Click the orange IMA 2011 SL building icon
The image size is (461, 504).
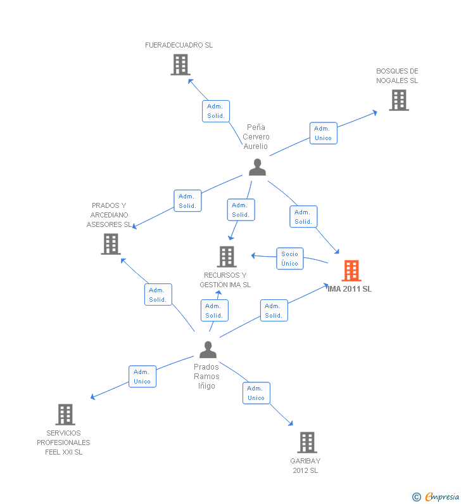pyautogui.click(x=351, y=271)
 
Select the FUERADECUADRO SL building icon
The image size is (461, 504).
pyautogui.click(x=180, y=65)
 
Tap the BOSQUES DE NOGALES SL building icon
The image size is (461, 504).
pyautogui.click(x=399, y=100)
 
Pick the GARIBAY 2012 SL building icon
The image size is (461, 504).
pyautogui.click(x=307, y=443)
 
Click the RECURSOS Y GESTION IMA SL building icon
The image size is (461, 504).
pyautogui.click(x=227, y=257)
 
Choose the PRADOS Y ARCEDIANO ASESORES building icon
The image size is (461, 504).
pyautogui.click(x=111, y=244)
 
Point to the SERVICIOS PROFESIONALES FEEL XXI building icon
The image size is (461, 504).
pyautogui.click(x=65, y=415)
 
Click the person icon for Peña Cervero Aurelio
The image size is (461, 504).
pyautogui.click(x=258, y=167)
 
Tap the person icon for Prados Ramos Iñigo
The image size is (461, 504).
pyautogui.click(x=208, y=350)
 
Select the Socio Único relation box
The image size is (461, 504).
pyautogui.click(x=290, y=259)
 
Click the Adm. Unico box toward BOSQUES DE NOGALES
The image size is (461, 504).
pyautogui.click(x=324, y=133)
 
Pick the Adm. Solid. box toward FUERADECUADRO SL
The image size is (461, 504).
pyautogui.click(x=216, y=111)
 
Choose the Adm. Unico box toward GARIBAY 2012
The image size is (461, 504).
pyautogui.click(x=256, y=393)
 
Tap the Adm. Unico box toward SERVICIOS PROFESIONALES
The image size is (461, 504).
pyautogui.click(x=142, y=377)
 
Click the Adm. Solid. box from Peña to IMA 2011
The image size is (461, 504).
pyautogui.click(x=303, y=217)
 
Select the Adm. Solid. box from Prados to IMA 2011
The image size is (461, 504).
pyautogui.click(x=274, y=311)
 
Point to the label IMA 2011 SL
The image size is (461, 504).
pyautogui.click(x=350, y=289)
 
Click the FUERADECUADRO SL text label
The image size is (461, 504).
pyautogui.click(x=179, y=45)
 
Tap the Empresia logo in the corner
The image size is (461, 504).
pyautogui.click(x=442, y=497)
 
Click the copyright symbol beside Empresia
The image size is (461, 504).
pyautogui.click(x=417, y=497)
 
